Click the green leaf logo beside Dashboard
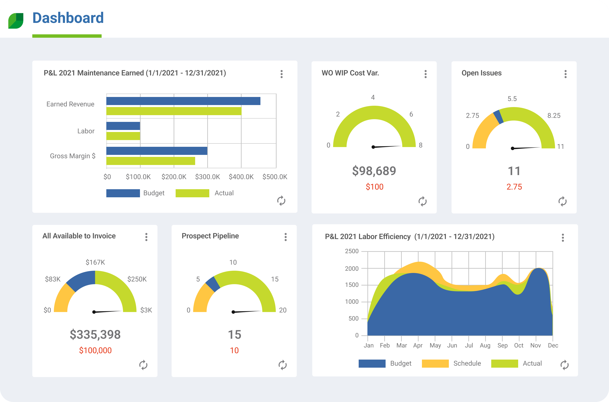click(x=16, y=20)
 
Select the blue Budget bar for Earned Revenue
click(x=183, y=101)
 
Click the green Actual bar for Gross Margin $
click(x=151, y=161)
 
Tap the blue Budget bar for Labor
click(x=123, y=126)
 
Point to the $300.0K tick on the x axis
click(x=207, y=177)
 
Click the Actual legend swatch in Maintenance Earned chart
click(x=192, y=193)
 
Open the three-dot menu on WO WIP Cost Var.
click(x=425, y=74)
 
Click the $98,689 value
click(x=374, y=171)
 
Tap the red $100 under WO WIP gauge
click(x=374, y=187)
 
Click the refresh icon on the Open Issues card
click(x=562, y=201)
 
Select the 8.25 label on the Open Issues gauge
click(x=554, y=115)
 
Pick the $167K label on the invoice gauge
click(x=95, y=262)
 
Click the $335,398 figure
click(x=95, y=334)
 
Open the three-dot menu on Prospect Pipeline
click(x=285, y=237)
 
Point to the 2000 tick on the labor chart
click(x=351, y=268)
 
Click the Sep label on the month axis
click(x=502, y=345)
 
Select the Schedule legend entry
click(x=452, y=363)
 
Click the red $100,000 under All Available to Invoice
click(x=95, y=350)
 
